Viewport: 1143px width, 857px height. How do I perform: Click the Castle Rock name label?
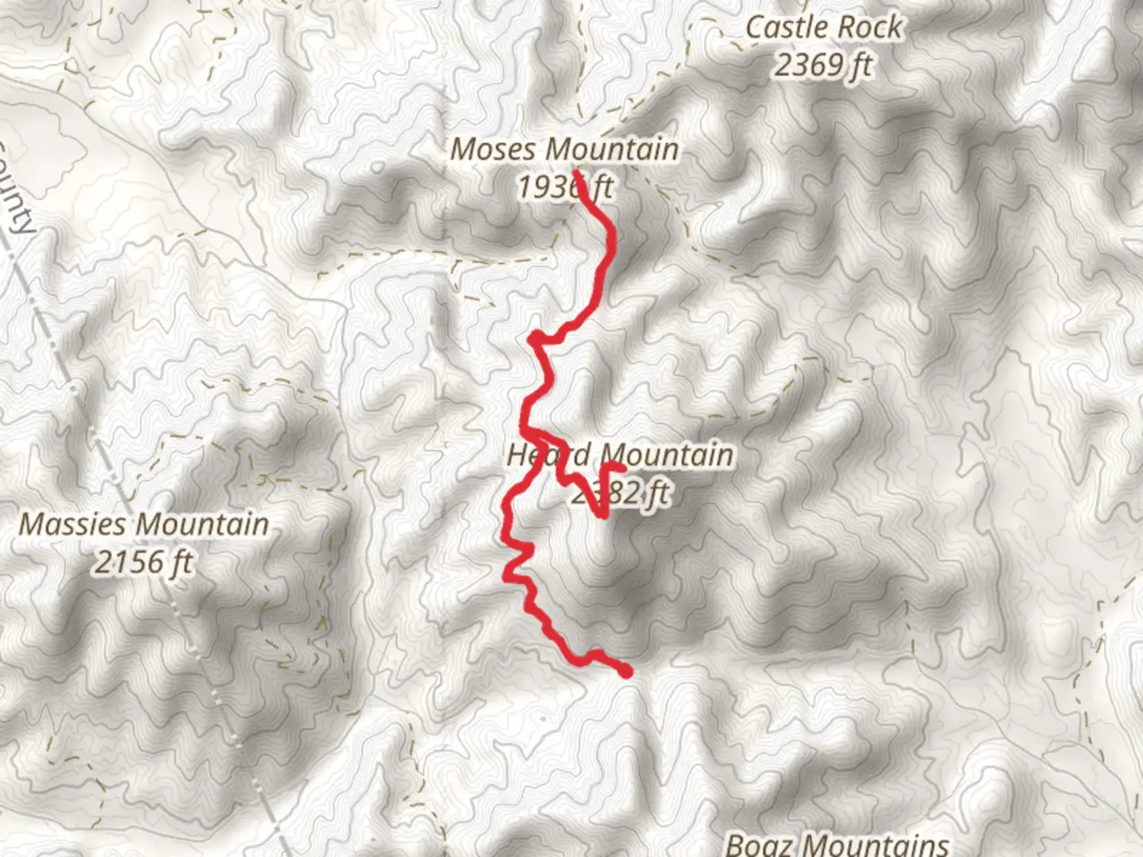click(x=823, y=28)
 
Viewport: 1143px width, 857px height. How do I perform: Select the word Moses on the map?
click(x=495, y=149)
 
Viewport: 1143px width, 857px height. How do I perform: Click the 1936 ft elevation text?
click(x=564, y=187)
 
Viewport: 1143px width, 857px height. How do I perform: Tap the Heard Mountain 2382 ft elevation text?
click(x=620, y=494)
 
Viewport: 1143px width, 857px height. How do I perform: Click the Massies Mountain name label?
click(x=144, y=525)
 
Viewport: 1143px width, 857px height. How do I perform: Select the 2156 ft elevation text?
click(x=144, y=563)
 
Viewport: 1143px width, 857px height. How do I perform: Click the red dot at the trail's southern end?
click(x=625, y=672)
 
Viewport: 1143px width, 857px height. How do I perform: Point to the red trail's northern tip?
click(x=575, y=171)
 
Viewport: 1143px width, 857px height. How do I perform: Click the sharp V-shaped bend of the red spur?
click(x=604, y=516)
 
